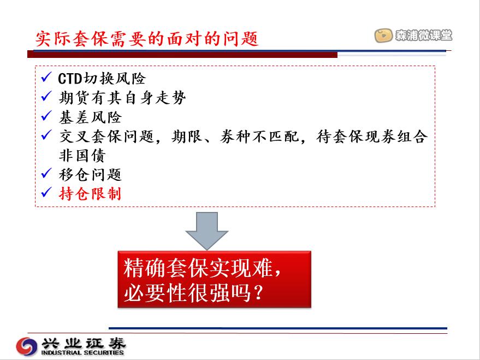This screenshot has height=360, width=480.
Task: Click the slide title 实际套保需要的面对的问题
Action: pyautogui.click(x=147, y=39)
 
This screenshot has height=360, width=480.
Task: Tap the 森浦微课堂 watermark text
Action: pyautogui.click(x=423, y=35)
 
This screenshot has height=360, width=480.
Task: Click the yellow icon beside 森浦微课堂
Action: pyautogui.click(x=383, y=36)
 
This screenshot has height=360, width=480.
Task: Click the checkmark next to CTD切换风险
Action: pyautogui.click(x=46, y=77)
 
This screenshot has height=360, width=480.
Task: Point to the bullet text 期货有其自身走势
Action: pyautogui.click(x=122, y=98)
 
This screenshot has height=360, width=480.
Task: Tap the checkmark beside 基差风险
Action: pyautogui.click(x=46, y=115)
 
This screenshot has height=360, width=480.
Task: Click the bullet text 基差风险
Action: pyautogui.click(x=90, y=117)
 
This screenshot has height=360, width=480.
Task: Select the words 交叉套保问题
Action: pyautogui.click(x=106, y=136)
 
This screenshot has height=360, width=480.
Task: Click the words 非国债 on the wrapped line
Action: pyautogui.click(x=82, y=156)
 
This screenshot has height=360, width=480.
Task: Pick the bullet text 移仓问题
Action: pyautogui.click(x=90, y=175)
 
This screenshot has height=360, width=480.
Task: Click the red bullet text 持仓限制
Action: pyautogui.click(x=90, y=194)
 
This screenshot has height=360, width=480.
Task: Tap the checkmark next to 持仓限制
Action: pyautogui.click(x=46, y=192)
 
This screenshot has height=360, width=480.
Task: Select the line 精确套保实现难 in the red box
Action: pyautogui.click(x=198, y=268)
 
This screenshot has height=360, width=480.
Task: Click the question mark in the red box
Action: pyautogui.click(x=259, y=293)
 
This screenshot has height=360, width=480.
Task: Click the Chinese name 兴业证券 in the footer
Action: pyautogui.click(x=84, y=344)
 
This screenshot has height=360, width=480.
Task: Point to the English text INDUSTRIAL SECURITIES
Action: pyautogui.click(x=82, y=353)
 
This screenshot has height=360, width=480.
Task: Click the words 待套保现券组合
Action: pyautogui.click(x=372, y=136)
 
